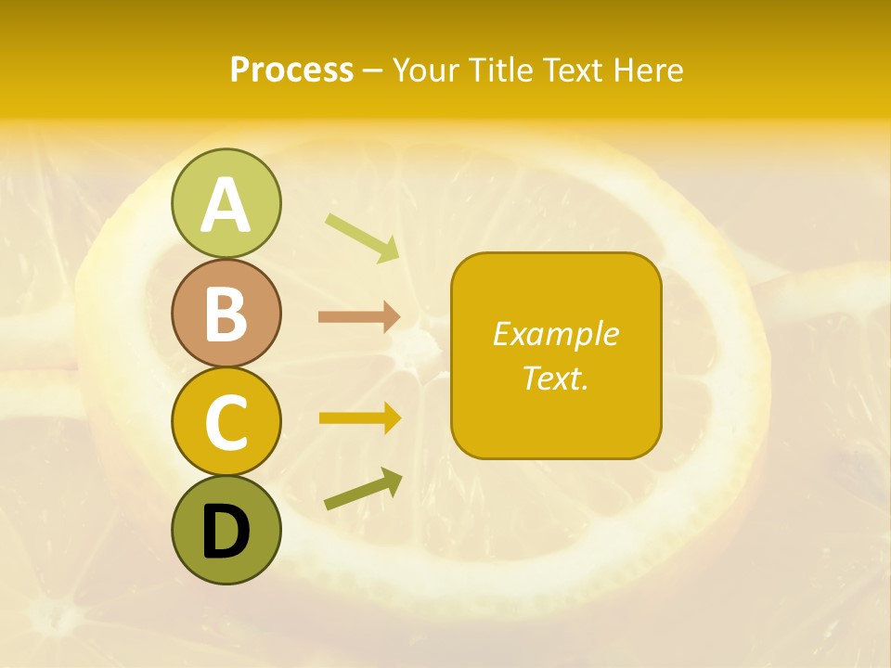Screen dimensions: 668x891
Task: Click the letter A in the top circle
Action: tap(226, 204)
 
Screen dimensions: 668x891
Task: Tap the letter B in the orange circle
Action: tap(226, 314)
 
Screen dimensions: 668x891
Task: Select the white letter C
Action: tap(226, 422)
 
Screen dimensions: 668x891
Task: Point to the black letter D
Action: tap(226, 532)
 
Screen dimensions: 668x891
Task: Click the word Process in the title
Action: tap(291, 71)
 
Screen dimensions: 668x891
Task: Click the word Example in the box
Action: tap(555, 334)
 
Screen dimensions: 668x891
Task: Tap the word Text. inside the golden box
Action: tap(555, 378)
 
